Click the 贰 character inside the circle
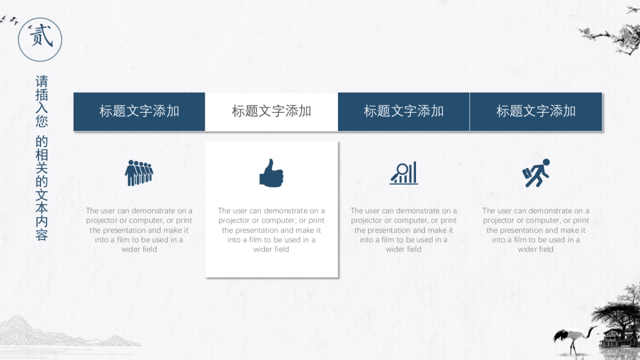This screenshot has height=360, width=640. coord(41,35)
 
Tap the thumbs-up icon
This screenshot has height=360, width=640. coord(271,173)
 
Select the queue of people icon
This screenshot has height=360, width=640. coord(139,173)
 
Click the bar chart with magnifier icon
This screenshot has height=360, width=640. coord(404,173)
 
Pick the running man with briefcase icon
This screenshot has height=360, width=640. coord(536,173)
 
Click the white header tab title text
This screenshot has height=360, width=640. coord(271,111)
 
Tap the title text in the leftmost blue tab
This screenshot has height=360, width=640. coord(139,111)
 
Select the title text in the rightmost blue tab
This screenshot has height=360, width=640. coord(536,111)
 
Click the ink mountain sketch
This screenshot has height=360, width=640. coord(66,331)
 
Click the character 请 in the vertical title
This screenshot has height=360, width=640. coord(42,82)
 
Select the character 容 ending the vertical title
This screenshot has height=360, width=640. coord(42,234)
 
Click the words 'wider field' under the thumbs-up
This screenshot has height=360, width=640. coord(271,250)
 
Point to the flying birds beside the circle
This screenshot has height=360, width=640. coord(13,21)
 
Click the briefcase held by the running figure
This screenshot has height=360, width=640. coord(527,173)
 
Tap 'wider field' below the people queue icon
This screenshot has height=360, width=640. coord(139,250)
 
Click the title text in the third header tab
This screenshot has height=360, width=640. coord(404,111)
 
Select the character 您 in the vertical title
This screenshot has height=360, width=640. coord(42,121)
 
